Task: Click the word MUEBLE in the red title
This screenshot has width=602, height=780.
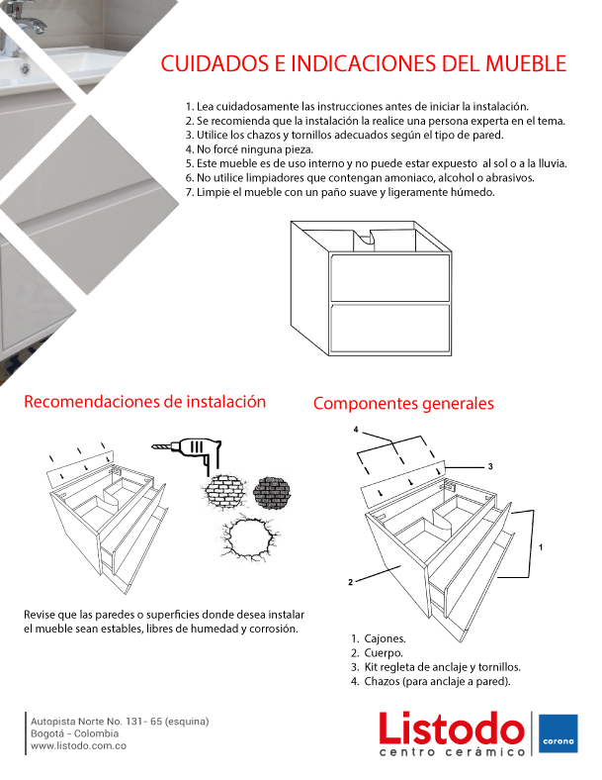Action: pos(526,63)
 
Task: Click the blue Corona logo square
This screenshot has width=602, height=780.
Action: pos(559,733)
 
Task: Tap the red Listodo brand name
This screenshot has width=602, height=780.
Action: pos(452,728)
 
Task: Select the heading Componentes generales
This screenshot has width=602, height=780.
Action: pos(403,404)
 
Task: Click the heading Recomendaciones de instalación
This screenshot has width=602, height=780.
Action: pos(145,402)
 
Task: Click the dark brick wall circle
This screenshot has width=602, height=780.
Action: pos(271,493)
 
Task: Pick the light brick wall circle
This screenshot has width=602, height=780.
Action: pos(225,492)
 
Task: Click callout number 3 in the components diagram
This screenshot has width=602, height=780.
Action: pos(490,466)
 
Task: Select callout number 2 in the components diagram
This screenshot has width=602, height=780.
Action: pos(351,582)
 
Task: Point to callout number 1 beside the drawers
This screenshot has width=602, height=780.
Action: pos(541,547)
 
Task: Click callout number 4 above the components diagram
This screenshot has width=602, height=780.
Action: pos(356,430)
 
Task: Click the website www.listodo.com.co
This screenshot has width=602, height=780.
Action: pos(78,745)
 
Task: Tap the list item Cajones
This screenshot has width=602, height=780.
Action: pos(385,638)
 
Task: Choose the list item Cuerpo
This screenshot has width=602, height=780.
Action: pos(384,653)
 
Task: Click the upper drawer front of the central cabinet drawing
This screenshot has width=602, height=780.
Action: pos(389,277)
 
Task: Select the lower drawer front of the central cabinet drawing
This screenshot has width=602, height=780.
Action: pos(389,329)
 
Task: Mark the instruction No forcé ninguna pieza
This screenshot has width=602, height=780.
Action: pos(249,149)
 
